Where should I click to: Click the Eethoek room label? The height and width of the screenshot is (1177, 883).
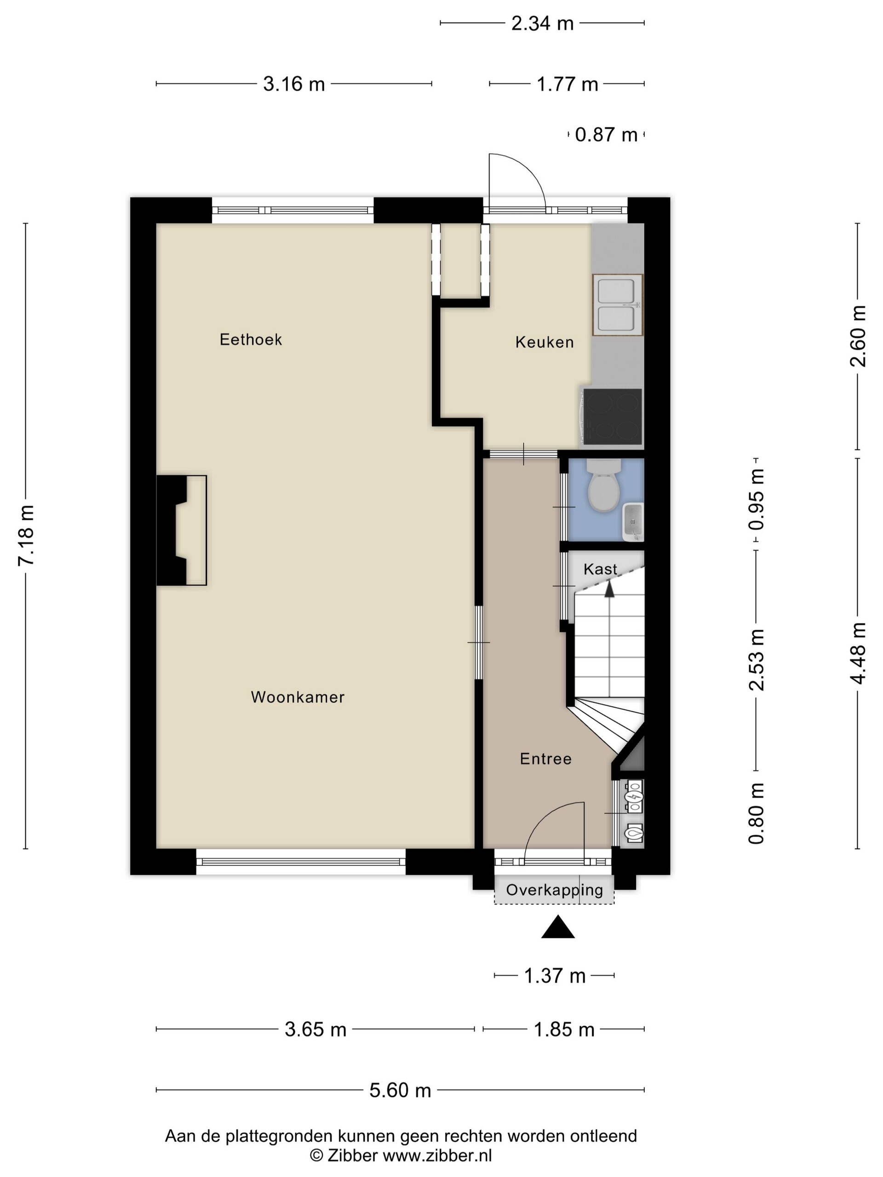[251, 339]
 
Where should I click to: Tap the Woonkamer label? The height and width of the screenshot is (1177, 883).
[298, 697]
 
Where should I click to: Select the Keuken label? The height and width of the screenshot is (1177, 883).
[545, 342]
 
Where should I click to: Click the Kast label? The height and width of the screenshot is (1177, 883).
[600, 569]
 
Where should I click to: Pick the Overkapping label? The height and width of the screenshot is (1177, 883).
[554, 890]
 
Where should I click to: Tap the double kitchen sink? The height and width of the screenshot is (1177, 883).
[617, 305]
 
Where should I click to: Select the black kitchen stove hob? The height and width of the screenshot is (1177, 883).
[612, 417]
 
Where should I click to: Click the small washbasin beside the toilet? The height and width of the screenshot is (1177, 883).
[632, 521]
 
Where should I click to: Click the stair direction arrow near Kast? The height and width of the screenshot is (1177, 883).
[609, 588]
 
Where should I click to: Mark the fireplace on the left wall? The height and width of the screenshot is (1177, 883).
[181, 531]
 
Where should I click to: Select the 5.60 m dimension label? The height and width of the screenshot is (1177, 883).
[400, 1090]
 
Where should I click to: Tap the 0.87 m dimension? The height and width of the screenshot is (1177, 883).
[606, 135]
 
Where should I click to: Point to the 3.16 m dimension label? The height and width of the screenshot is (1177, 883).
[294, 84]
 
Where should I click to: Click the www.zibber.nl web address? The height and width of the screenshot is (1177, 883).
[437, 1154]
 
